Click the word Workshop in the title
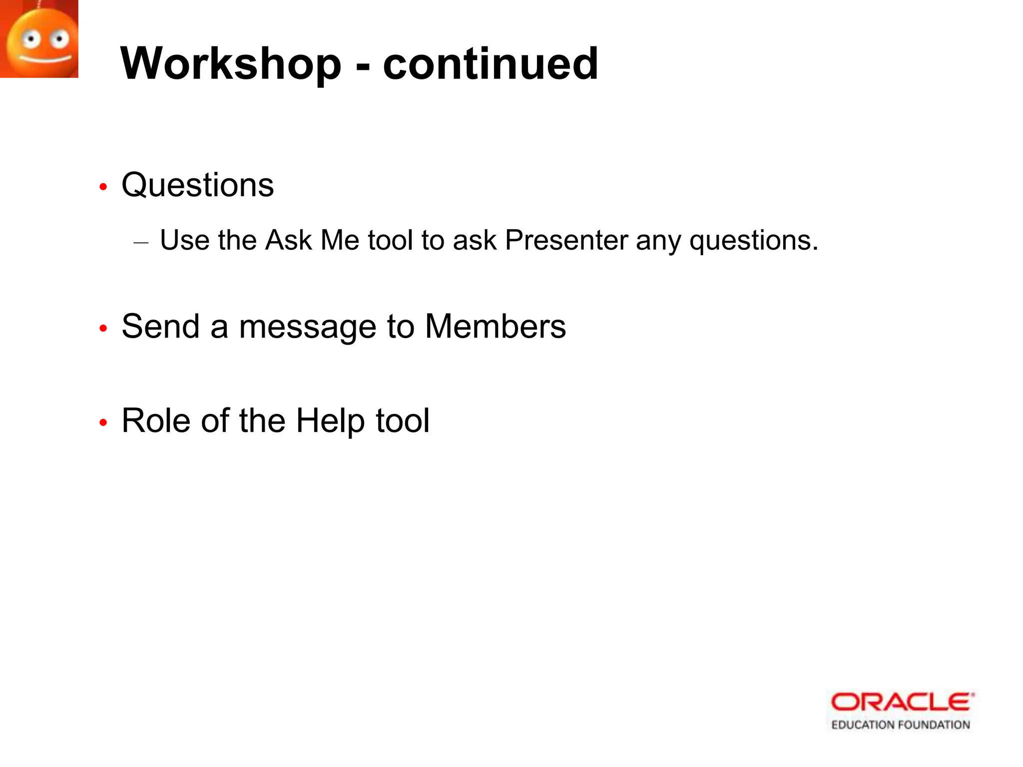(231, 64)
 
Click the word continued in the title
(490, 64)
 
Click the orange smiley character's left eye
(31, 39)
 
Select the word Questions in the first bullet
(197, 185)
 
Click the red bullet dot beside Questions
(103, 187)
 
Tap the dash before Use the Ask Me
(141, 243)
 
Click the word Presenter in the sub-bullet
(566, 241)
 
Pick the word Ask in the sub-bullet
(288, 241)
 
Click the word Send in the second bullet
(160, 327)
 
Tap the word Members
(495, 327)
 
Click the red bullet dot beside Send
(103, 329)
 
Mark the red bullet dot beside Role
(103, 423)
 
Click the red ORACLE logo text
(902, 702)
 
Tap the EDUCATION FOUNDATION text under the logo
(900, 725)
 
